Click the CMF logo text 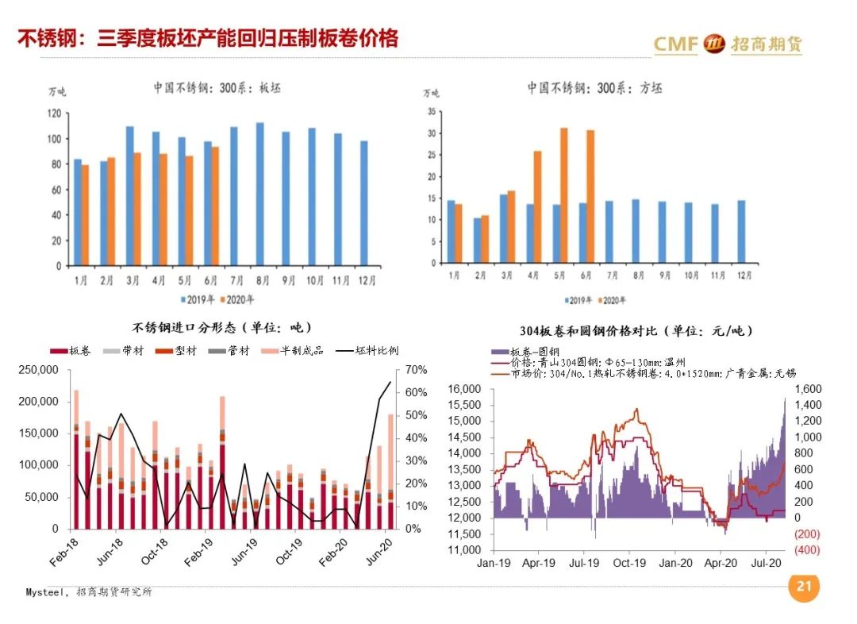pos(676,44)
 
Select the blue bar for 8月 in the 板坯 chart pos(259,194)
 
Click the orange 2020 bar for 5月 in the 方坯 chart pos(564,195)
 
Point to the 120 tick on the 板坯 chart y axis pos(54,114)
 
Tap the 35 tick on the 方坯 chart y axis pos(432,112)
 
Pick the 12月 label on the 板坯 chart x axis pos(363,280)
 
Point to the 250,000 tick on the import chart pos(37,370)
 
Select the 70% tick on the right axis pos(416,370)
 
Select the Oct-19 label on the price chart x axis pos(629,564)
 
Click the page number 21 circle pos(804,587)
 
